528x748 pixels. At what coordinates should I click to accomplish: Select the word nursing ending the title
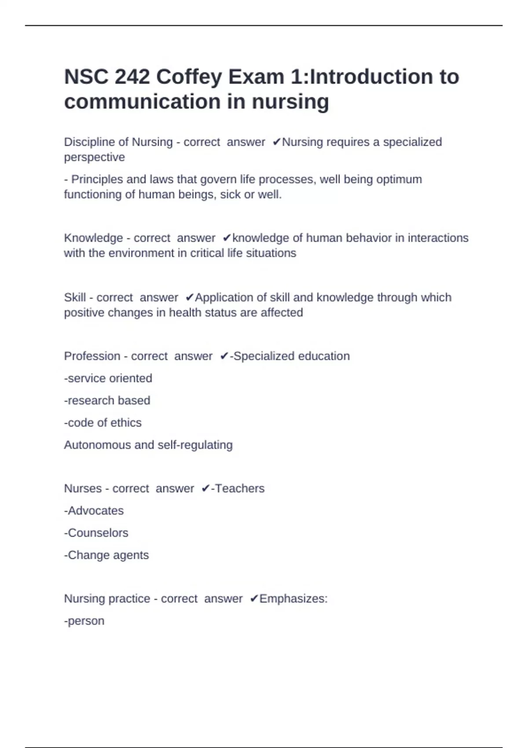pos(290,102)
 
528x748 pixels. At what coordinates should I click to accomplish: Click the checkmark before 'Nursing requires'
pos(276,142)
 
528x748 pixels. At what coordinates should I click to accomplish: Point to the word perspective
pos(94,158)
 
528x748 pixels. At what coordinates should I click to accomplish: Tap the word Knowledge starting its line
pos(93,238)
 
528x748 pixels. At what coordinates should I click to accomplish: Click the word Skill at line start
pos(75,297)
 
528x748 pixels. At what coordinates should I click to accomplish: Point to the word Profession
pos(92,356)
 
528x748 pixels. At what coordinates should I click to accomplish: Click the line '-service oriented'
pos(108,378)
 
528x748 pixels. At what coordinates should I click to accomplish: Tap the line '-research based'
pos(107,400)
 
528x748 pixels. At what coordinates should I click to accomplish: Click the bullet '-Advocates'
pos(94,511)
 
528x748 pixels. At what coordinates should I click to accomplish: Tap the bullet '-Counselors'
pos(96,533)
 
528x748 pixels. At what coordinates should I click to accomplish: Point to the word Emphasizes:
pos(293,599)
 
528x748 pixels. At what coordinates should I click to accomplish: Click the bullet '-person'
pos(84,621)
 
